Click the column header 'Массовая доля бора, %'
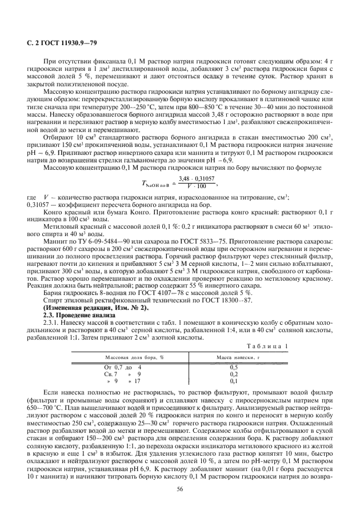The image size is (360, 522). (x=129, y=356)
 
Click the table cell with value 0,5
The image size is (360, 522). (x=233, y=366)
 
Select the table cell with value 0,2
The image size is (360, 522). (x=233, y=373)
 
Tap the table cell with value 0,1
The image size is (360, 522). (x=233, y=380)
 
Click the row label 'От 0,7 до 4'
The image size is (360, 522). (x=122, y=366)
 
